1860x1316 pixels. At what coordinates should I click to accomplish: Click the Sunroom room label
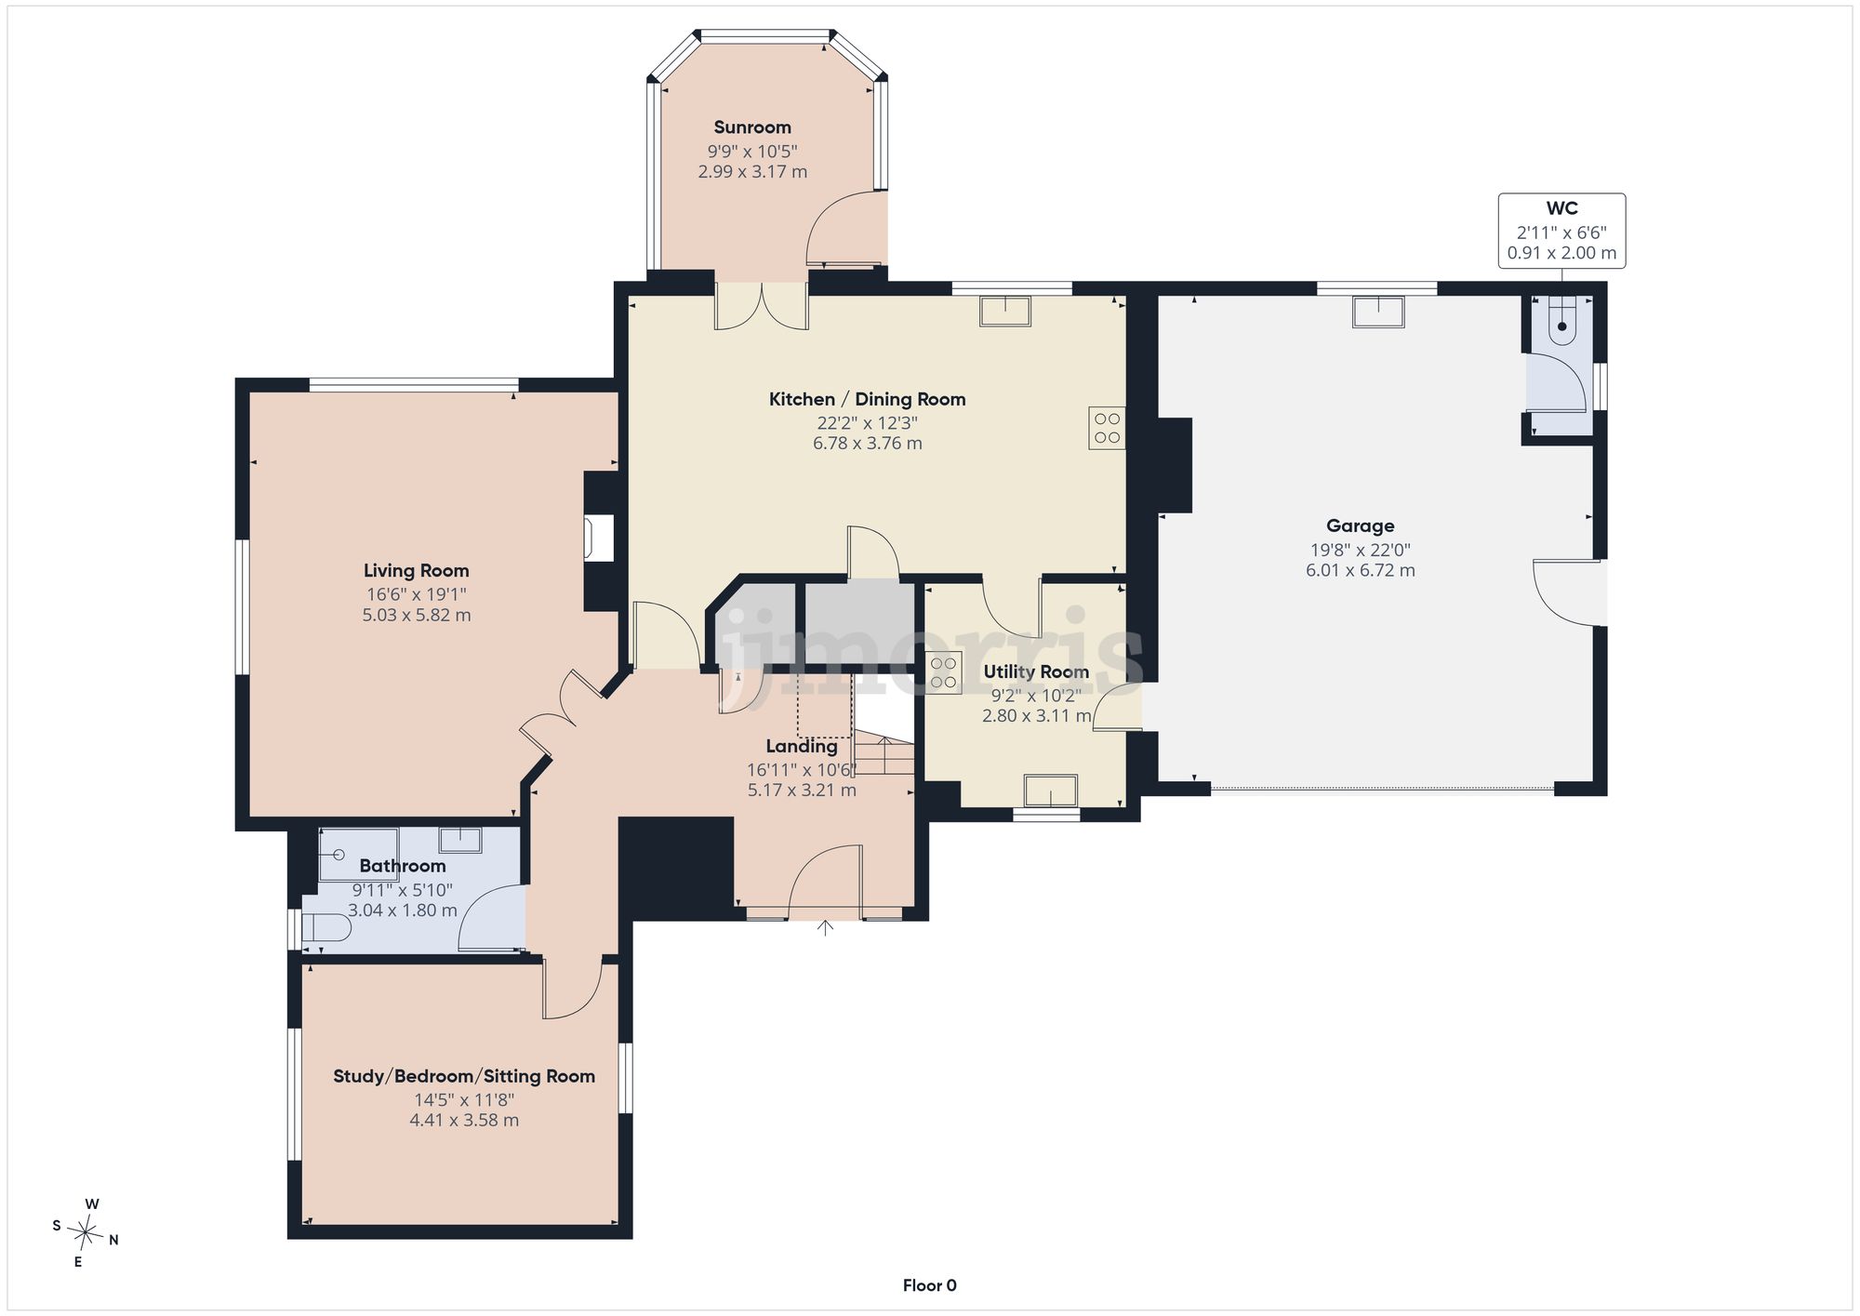[752, 127]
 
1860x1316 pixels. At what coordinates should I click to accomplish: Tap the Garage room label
[1360, 525]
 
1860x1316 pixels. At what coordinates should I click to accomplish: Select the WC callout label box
[1561, 231]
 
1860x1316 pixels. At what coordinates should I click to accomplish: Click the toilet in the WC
[1561, 321]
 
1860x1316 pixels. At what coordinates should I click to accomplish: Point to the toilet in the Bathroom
[326, 927]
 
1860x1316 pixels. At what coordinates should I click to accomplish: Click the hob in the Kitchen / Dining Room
[1107, 428]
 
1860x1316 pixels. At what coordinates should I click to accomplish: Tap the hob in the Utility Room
[943, 673]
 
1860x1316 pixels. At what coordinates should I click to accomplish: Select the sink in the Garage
[1378, 312]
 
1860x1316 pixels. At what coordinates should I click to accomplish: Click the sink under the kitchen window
[1005, 311]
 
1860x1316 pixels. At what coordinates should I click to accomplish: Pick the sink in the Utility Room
[1051, 791]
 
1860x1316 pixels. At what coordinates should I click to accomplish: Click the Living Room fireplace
[600, 538]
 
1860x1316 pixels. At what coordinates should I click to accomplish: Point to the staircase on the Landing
[884, 755]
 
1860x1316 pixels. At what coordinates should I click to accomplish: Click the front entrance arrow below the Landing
[825, 927]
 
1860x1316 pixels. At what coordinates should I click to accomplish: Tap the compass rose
[86, 1233]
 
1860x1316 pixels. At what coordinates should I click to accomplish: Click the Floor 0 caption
[929, 1285]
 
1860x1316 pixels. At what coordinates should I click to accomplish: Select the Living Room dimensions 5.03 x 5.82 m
[417, 615]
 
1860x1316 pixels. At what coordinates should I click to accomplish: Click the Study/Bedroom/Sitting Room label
[464, 1076]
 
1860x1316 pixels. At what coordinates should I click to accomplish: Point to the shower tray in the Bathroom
[358, 854]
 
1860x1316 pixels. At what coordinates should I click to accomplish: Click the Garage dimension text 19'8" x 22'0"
[1360, 550]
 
